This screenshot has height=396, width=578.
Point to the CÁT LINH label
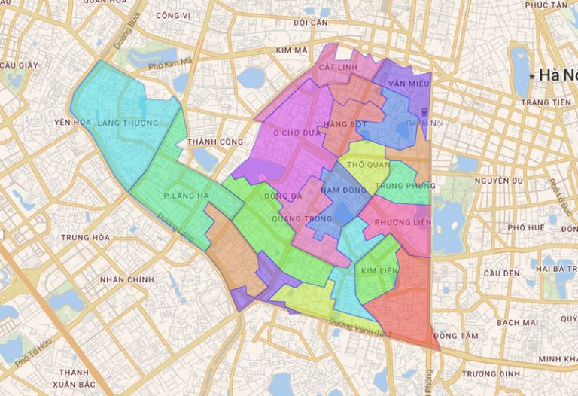[337, 67]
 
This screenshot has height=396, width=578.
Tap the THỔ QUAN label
[367, 163]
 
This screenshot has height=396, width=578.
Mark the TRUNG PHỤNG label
[405, 185]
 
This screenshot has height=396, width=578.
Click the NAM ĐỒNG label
[343, 192]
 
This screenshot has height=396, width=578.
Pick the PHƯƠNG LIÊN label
[403, 222]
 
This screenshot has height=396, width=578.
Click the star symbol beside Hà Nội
[532, 76]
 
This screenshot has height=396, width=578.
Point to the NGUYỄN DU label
[499, 181]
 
